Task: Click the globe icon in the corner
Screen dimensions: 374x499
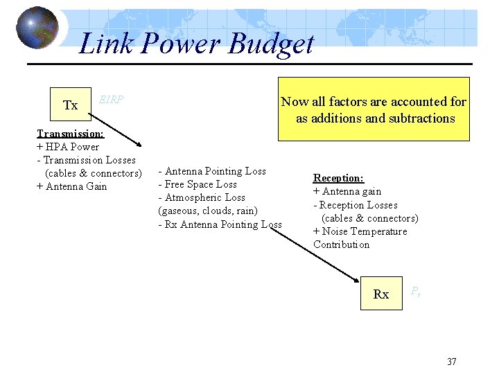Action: point(37,28)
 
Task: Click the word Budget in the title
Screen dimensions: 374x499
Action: point(271,44)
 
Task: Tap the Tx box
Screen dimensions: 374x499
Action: point(70,105)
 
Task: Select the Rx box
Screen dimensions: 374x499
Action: point(381,294)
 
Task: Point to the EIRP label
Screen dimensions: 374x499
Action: point(111,99)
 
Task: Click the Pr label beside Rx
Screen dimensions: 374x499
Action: point(415,292)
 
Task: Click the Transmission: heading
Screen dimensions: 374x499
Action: point(71,133)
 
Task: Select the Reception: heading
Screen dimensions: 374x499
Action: point(338,178)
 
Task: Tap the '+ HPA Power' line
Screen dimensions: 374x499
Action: point(67,146)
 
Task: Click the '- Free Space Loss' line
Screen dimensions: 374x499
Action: point(198,184)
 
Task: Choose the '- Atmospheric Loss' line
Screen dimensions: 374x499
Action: point(202,197)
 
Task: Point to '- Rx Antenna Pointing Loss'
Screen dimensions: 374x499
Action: point(220,224)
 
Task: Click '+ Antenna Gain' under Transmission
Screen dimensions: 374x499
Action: point(71,186)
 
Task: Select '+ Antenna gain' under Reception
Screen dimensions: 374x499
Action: point(347,191)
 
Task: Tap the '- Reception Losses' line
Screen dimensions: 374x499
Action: point(356,205)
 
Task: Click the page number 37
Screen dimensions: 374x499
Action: point(452,362)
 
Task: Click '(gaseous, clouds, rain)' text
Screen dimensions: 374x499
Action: point(208,211)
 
